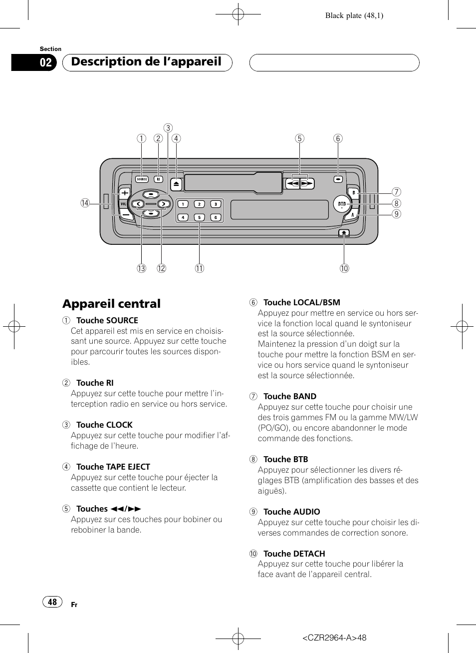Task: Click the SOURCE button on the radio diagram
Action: (x=142, y=179)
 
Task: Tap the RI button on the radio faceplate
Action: (x=158, y=179)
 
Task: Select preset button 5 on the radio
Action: (x=199, y=217)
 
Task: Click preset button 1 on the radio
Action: (x=183, y=204)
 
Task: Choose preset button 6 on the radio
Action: (x=216, y=217)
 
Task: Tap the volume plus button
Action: (x=125, y=193)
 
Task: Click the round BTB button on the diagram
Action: (x=342, y=204)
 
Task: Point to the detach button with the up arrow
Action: (x=344, y=233)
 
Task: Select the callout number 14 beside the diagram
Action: (x=85, y=203)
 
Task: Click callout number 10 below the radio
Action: (x=344, y=268)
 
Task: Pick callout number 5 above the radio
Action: (x=299, y=138)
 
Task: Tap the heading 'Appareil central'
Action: (x=112, y=304)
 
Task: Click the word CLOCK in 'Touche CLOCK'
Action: (x=119, y=425)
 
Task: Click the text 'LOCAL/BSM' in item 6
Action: (x=316, y=302)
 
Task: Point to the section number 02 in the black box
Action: (x=45, y=62)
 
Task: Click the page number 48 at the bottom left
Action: (x=52, y=602)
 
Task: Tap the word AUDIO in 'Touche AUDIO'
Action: (x=305, y=512)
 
